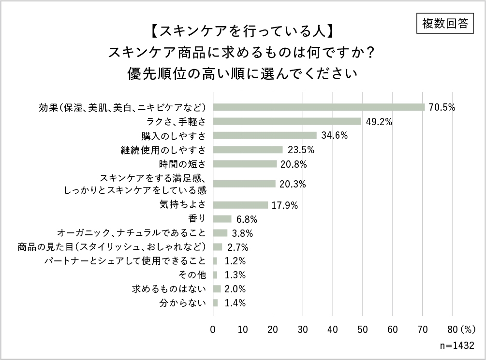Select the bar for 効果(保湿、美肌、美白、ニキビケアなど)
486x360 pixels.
point(319,107)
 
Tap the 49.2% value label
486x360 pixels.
point(379,121)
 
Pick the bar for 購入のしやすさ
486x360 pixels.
point(265,135)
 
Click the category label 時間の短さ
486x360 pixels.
point(182,164)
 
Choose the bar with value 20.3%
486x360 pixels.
point(244,184)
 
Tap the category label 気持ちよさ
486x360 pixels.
point(182,205)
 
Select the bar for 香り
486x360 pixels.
point(222,219)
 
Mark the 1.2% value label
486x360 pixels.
point(236,261)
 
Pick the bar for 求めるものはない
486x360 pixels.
point(217,289)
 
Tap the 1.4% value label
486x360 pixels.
point(236,303)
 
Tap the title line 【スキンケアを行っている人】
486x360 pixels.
point(242,32)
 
